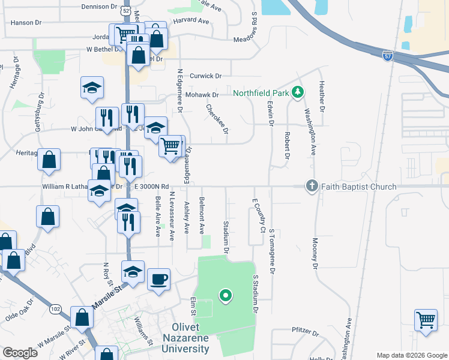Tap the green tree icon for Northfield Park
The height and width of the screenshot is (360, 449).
pyautogui.click(x=297, y=92)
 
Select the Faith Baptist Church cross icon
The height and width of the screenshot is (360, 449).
pyautogui.click(x=312, y=186)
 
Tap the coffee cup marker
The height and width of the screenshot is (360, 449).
pyautogui.click(x=158, y=279)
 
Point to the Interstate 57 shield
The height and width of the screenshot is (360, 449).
pyautogui.click(x=388, y=55)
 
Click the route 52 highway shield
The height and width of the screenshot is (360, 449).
pyautogui.click(x=124, y=11)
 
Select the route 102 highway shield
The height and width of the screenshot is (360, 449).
pyautogui.click(x=56, y=308)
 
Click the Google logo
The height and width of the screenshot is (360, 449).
pyautogui.click(x=20, y=352)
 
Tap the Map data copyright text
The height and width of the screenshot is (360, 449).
pyautogui.click(x=411, y=355)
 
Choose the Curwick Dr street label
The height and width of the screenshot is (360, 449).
pyautogui.click(x=205, y=76)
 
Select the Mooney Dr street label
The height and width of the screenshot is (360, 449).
pyautogui.click(x=315, y=253)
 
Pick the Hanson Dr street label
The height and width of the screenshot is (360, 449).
pyautogui.click(x=26, y=22)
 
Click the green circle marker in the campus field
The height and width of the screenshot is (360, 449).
pyautogui.click(x=226, y=295)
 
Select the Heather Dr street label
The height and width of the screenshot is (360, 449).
pyautogui.click(x=322, y=97)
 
